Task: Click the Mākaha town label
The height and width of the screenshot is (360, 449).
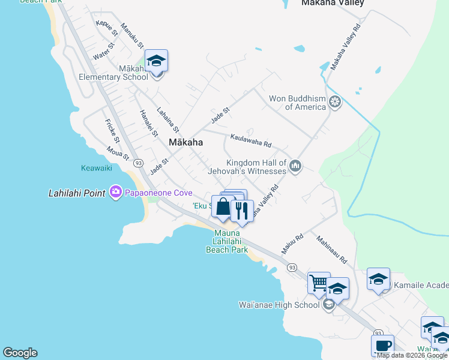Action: coord(185,143)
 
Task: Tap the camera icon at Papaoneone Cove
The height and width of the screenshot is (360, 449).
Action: coord(115,193)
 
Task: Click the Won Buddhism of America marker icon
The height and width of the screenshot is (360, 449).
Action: coord(335,103)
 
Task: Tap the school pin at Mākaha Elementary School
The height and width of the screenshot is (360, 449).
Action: coord(156,61)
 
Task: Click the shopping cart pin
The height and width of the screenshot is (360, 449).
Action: coord(319,283)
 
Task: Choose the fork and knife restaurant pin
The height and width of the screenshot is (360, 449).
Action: coord(241,211)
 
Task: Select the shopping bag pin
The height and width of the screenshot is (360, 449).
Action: coord(223,207)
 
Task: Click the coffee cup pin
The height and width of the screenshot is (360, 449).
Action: coord(382,346)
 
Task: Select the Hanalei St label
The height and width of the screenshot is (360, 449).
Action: coord(148,123)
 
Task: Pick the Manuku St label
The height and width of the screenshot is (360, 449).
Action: coord(132,35)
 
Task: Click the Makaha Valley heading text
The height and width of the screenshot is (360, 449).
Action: coord(333,3)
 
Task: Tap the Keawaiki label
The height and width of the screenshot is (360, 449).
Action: coord(97,168)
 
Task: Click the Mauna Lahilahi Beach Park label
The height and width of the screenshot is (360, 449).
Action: coord(227,241)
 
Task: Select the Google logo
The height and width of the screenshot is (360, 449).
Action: coord(20,352)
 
